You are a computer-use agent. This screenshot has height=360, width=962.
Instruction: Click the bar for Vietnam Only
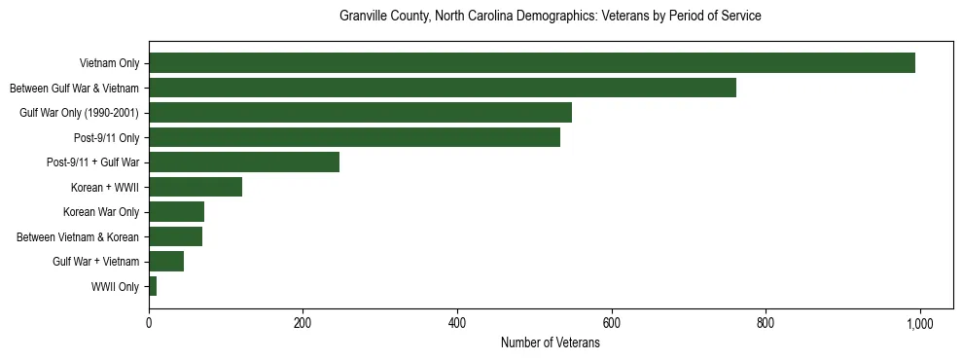[532, 63]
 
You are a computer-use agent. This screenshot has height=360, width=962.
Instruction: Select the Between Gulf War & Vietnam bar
[443, 88]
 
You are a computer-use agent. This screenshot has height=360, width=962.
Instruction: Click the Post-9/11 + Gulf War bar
[244, 162]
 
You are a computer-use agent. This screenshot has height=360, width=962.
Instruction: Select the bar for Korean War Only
[176, 212]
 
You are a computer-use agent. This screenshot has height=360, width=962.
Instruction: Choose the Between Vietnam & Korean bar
[175, 236]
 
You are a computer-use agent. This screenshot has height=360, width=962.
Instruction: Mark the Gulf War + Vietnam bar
[166, 262]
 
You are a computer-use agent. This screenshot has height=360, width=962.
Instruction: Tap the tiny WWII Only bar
[153, 286]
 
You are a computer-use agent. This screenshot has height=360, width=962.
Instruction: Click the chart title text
[550, 17]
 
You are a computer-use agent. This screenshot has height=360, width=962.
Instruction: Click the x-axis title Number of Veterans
[550, 343]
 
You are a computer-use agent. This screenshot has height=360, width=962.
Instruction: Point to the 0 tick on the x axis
[149, 323]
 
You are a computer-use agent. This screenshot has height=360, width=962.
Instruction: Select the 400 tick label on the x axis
[457, 323]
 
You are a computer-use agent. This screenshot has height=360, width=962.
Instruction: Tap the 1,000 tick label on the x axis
[920, 323]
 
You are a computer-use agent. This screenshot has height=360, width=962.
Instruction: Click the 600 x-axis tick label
[612, 323]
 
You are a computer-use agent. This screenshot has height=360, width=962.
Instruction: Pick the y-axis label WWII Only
[115, 287]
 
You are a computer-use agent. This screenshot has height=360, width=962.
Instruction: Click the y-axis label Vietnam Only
[109, 63]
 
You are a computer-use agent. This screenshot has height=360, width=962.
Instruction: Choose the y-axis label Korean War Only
[101, 212]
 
